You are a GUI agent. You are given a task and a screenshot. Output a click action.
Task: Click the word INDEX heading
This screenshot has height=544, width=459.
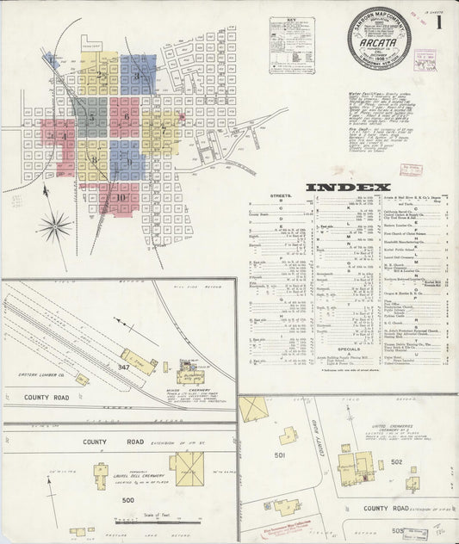point(348,187)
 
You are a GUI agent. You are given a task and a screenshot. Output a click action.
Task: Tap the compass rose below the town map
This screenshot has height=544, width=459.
point(55,226)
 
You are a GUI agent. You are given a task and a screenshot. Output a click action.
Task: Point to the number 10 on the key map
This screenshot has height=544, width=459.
point(121,197)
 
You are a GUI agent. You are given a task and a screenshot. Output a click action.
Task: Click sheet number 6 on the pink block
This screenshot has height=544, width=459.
point(127,115)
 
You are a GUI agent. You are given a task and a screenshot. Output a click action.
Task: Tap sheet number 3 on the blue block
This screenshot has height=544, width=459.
point(136,76)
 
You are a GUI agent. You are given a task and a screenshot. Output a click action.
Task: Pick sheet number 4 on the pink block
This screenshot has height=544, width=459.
point(62,136)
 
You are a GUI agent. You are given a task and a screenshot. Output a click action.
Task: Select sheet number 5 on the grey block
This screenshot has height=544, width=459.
point(91,117)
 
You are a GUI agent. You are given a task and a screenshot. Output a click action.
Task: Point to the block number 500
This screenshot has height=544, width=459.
point(129,499)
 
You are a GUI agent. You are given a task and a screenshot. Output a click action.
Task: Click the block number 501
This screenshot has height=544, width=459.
point(279,455)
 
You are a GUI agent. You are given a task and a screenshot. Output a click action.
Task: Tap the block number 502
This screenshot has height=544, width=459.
point(419,462)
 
